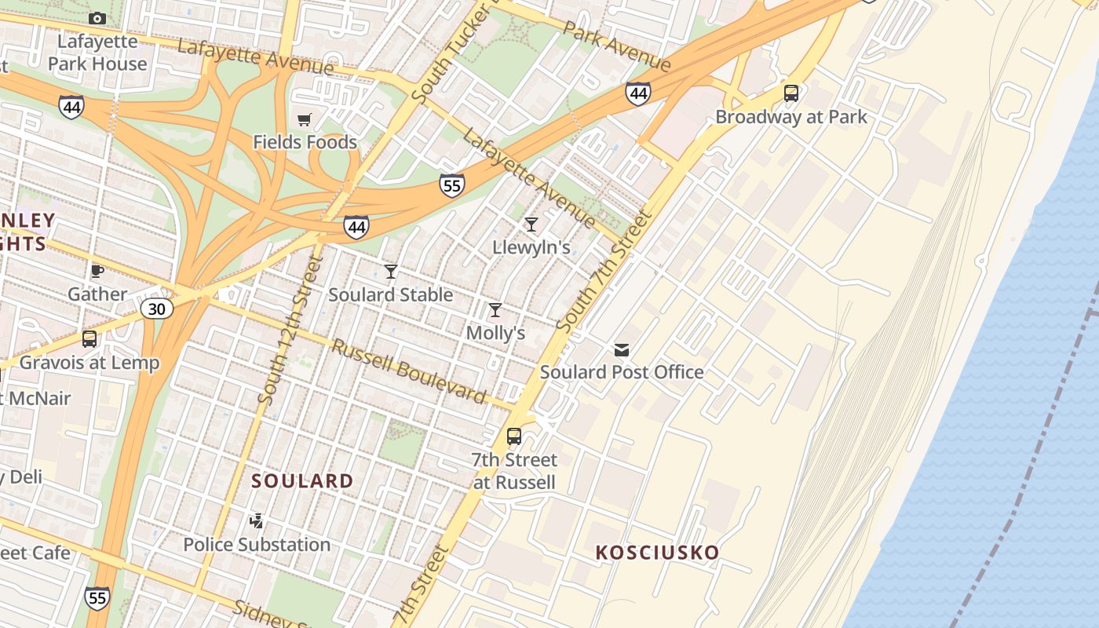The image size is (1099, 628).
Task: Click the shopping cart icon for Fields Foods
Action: click(x=305, y=120)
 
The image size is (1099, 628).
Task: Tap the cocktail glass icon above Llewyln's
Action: click(x=531, y=225)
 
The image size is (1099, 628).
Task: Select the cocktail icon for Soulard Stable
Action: click(x=391, y=272)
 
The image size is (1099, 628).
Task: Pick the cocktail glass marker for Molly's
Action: click(x=495, y=310)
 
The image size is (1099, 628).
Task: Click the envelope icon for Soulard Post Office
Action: click(x=622, y=349)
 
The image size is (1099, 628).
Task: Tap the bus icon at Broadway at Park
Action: click(x=791, y=93)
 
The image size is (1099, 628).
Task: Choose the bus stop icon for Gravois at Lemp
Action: click(x=89, y=339)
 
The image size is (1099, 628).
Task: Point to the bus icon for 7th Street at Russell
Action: click(x=514, y=436)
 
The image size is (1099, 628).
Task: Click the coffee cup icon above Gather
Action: click(x=97, y=272)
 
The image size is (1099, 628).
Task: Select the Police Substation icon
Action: click(x=256, y=520)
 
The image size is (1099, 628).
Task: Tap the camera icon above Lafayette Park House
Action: click(x=97, y=18)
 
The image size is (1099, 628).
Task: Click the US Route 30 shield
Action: click(x=157, y=309)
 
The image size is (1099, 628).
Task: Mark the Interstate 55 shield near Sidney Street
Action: click(x=97, y=598)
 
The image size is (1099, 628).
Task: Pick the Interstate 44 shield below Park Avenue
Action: click(x=638, y=94)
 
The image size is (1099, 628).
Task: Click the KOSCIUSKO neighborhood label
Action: click(x=657, y=553)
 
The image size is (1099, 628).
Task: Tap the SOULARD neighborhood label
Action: click(x=302, y=480)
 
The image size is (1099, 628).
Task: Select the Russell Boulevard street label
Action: click(x=408, y=371)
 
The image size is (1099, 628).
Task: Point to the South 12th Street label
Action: click(x=290, y=330)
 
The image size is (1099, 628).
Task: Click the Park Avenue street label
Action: click(x=617, y=46)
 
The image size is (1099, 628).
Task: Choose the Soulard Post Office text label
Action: click(x=622, y=372)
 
